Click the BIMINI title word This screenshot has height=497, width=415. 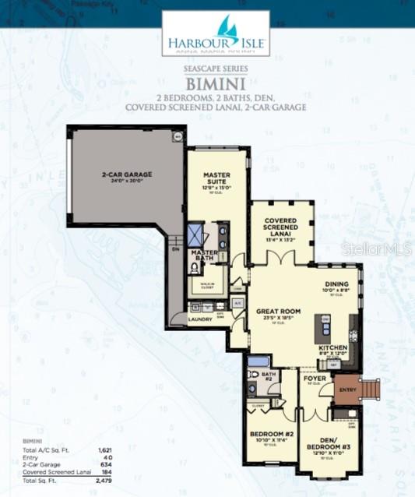[216, 82]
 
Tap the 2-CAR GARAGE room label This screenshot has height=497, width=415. [126, 174]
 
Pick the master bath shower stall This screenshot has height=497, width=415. [195, 234]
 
